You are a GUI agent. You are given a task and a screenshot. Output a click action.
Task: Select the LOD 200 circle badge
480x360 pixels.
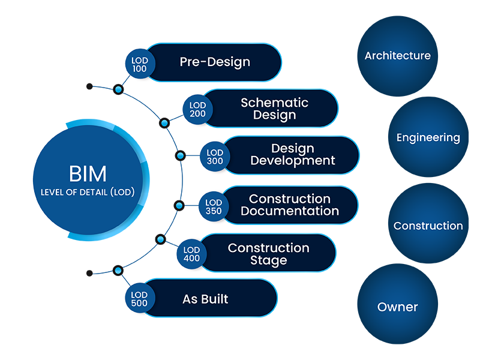(197, 109)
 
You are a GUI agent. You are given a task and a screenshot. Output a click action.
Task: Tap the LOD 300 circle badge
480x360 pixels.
(214, 155)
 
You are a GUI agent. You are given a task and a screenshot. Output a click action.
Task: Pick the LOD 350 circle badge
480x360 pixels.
(214, 205)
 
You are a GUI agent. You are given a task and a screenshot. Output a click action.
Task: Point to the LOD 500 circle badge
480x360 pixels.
(139, 298)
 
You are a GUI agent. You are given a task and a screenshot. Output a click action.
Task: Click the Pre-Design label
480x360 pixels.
(215, 62)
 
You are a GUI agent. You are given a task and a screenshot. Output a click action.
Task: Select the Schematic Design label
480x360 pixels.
(274, 109)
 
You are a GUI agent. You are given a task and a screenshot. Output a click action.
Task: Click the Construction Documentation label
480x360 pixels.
(290, 205)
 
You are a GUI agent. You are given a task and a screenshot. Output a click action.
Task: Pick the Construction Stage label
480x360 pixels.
(268, 254)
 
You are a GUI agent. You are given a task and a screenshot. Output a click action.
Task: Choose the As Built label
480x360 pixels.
(205, 299)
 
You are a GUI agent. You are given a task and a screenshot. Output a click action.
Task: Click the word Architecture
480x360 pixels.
(397, 56)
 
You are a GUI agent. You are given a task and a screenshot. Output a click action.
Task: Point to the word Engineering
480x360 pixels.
(428, 138)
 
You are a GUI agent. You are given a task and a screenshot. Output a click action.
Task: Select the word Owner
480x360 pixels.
(397, 307)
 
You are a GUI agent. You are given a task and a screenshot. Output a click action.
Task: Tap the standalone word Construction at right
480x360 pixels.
(428, 226)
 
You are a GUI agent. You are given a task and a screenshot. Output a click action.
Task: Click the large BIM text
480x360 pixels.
(88, 173)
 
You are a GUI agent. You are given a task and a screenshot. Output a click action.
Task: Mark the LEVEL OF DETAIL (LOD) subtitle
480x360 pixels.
(88, 193)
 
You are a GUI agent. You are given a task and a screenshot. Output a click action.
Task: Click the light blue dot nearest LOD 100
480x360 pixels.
(118, 89)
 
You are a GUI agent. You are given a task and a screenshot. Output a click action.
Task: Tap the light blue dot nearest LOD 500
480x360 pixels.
(118, 271)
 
